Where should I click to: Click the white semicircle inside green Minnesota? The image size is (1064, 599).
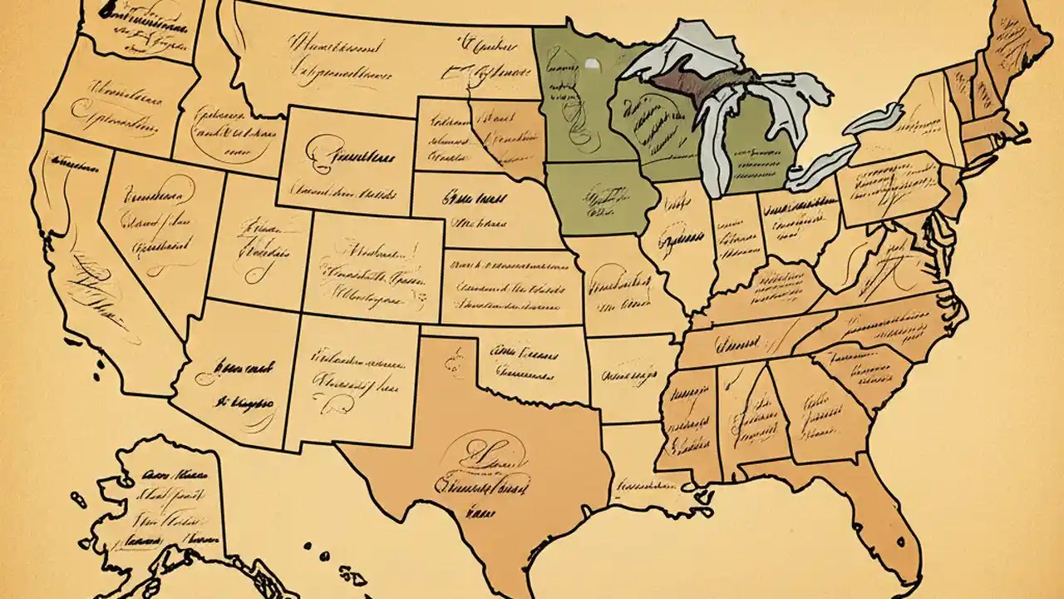pos(591,63)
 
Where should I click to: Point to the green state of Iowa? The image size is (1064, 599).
pos(600,200)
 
